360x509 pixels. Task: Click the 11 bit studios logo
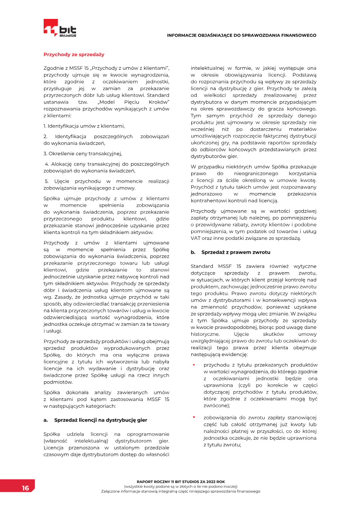pos(60,28)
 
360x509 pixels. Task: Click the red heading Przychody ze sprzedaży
pos(74,54)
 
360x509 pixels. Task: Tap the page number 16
pos(25,488)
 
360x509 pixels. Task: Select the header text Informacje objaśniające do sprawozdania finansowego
pos(241,35)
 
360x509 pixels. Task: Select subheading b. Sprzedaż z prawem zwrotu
pos(230,252)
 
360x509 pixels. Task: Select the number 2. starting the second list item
pos(45,136)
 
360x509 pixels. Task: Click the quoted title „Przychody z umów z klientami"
pos(130,68)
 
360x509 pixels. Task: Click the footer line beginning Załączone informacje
pos(180,491)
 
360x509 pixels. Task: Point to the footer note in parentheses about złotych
pos(180,486)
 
